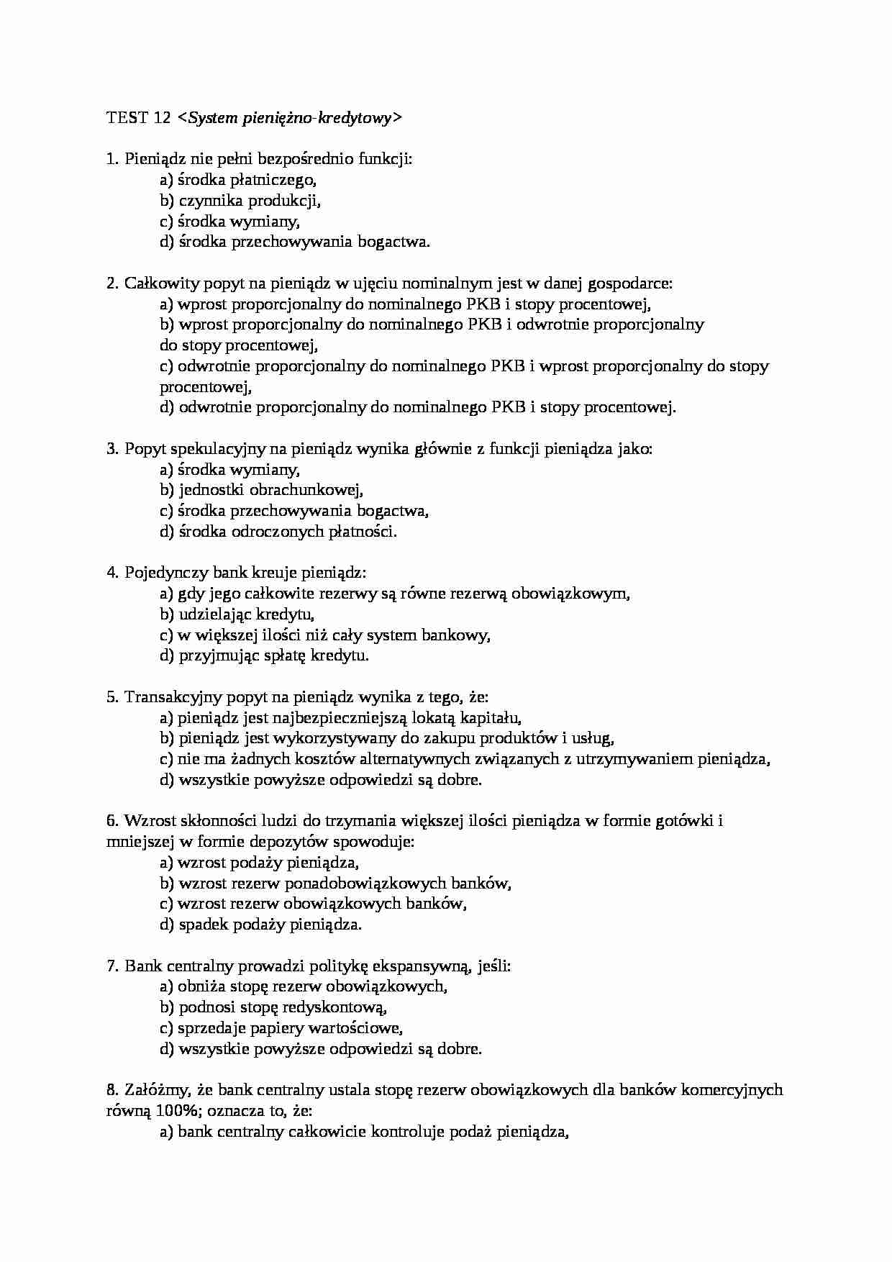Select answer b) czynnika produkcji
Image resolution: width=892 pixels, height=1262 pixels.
tap(240, 201)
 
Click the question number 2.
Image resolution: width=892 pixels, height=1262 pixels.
tap(111, 283)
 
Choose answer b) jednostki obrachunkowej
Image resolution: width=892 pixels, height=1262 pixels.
tap(261, 491)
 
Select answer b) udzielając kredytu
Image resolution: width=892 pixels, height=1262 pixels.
tap(237, 614)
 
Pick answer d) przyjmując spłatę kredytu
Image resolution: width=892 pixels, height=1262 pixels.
tap(264, 655)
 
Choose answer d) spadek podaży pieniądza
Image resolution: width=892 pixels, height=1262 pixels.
tap(260, 925)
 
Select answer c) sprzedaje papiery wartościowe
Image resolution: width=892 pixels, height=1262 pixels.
tap(281, 1028)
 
